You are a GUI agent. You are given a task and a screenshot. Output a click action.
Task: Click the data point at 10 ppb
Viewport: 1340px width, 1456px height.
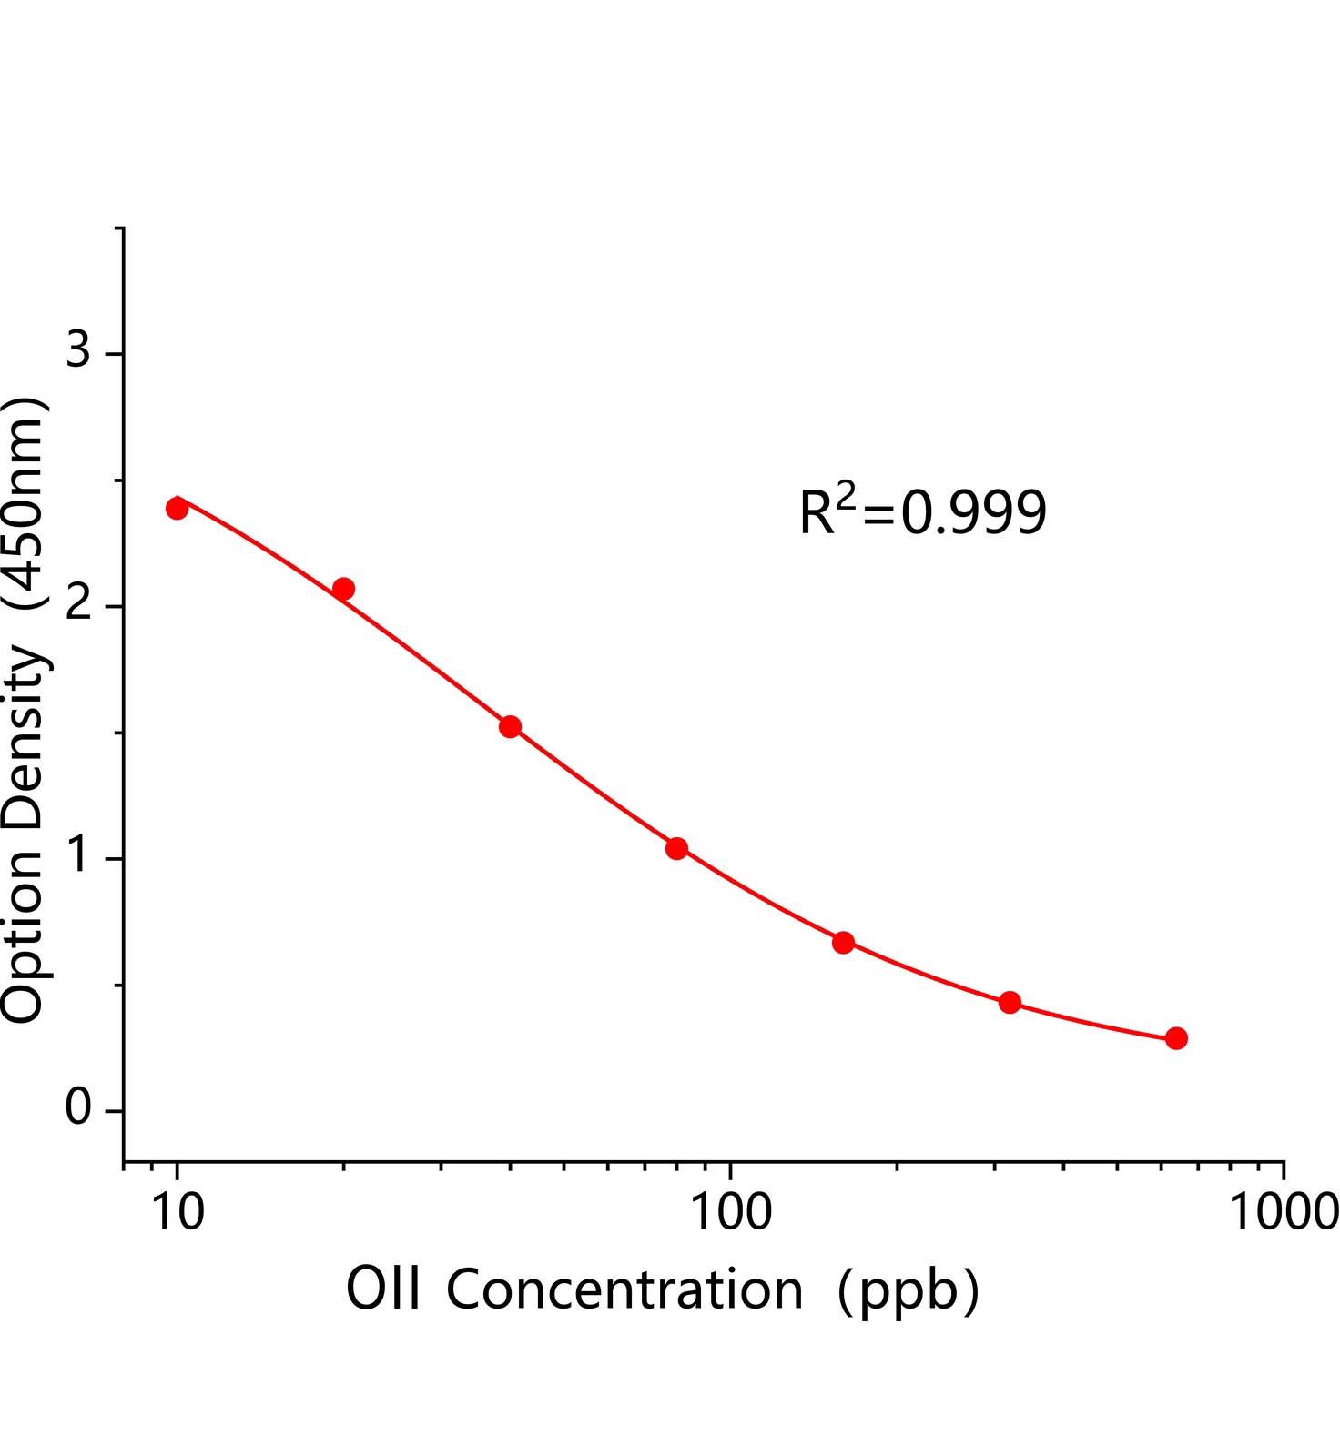click(178, 508)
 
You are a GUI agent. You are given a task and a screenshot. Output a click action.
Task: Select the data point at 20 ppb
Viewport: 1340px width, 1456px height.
click(343, 589)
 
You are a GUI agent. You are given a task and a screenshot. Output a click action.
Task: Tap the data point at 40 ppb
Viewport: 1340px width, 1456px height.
click(510, 726)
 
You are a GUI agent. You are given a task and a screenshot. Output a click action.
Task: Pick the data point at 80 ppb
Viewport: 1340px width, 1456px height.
click(676, 848)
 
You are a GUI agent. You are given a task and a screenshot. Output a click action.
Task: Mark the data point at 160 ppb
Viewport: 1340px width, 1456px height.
click(843, 942)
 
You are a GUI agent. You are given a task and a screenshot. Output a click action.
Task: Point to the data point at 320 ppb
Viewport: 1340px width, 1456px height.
click(1010, 1002)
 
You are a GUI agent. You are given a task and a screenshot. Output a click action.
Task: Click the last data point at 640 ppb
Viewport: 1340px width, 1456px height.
click(1176, 1038)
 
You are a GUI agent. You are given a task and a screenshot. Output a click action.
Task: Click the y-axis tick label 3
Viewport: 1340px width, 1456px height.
click(78, 349)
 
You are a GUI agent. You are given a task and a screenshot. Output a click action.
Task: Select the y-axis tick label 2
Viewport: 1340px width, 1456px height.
click(78, 603)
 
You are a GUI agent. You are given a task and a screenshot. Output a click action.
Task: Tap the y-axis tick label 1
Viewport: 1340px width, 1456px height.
click(80, 855)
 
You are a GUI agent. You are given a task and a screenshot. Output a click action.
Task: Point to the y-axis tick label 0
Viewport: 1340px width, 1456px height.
click(78, 1108)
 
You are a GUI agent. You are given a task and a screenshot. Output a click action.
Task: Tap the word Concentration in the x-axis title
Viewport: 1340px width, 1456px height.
click(624, 1289)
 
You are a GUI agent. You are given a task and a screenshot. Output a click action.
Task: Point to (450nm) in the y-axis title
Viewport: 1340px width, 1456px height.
click(24, 502)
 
